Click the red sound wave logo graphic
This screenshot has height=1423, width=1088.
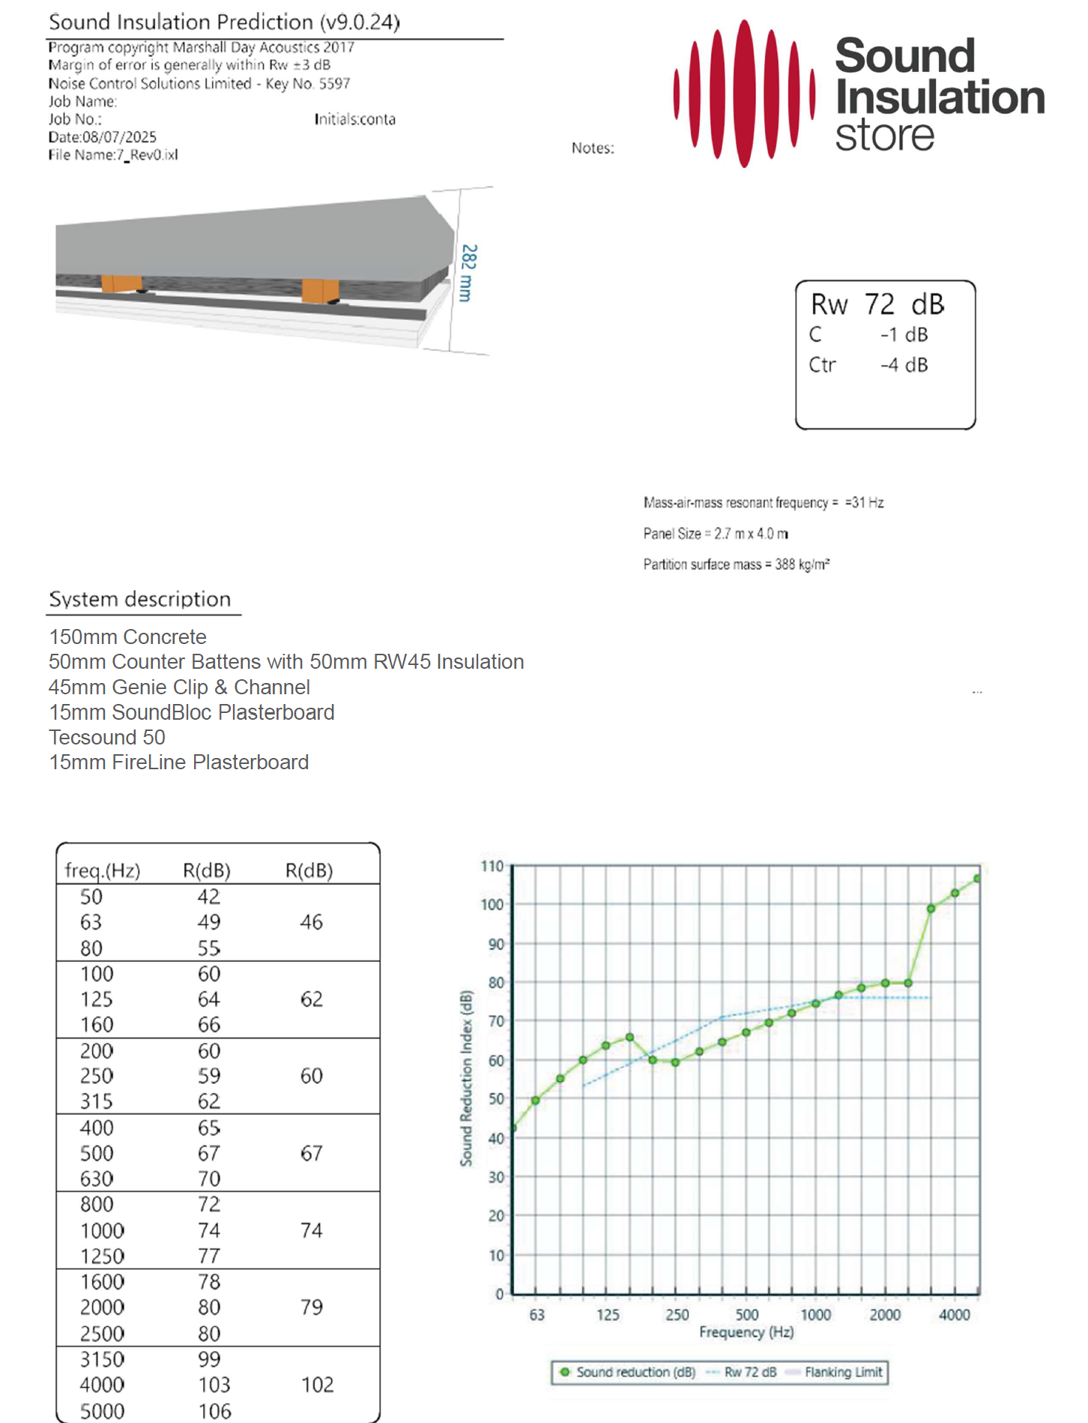744,94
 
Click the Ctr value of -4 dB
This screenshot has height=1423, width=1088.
904,365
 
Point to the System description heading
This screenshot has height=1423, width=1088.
140,599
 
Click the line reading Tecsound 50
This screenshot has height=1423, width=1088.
107,737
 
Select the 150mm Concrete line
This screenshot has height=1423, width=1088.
127,637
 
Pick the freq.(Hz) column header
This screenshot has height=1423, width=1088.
103,870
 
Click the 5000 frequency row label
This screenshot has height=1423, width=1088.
102,1411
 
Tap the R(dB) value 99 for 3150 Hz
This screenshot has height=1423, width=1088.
209,1359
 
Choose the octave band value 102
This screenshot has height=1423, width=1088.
317,1385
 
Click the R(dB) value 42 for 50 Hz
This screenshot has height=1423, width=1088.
208,897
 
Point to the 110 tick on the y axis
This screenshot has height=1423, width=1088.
492,866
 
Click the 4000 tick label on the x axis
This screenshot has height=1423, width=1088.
954,1314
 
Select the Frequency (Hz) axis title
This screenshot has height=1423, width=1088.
746,1332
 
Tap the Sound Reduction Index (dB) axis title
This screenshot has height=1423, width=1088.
466,1078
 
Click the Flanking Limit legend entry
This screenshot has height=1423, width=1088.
843,1372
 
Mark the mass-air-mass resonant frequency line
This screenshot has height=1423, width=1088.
763,502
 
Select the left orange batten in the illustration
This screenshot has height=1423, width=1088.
121,283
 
